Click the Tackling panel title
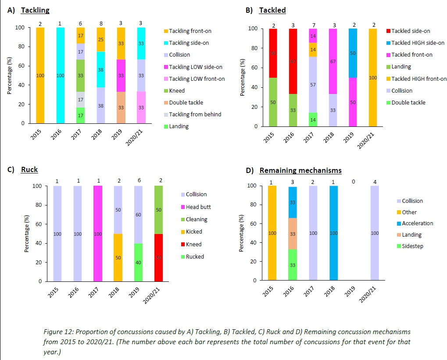tap(35, 10)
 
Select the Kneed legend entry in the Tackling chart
tap(177, 91)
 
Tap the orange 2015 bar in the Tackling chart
tap(39, 76)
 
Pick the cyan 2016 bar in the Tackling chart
tap(60, 76)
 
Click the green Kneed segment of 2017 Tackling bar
tap(80, 76)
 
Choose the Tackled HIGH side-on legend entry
tap(418, 43)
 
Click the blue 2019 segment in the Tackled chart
tap(352, 53)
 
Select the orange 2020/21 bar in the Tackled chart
tap(372, 77)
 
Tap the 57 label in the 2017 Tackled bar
tap(312, 84)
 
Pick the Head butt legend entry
tap(199, 207)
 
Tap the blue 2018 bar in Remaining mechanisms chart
tap(333, 233)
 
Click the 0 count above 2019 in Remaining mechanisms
tap(354, 182)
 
